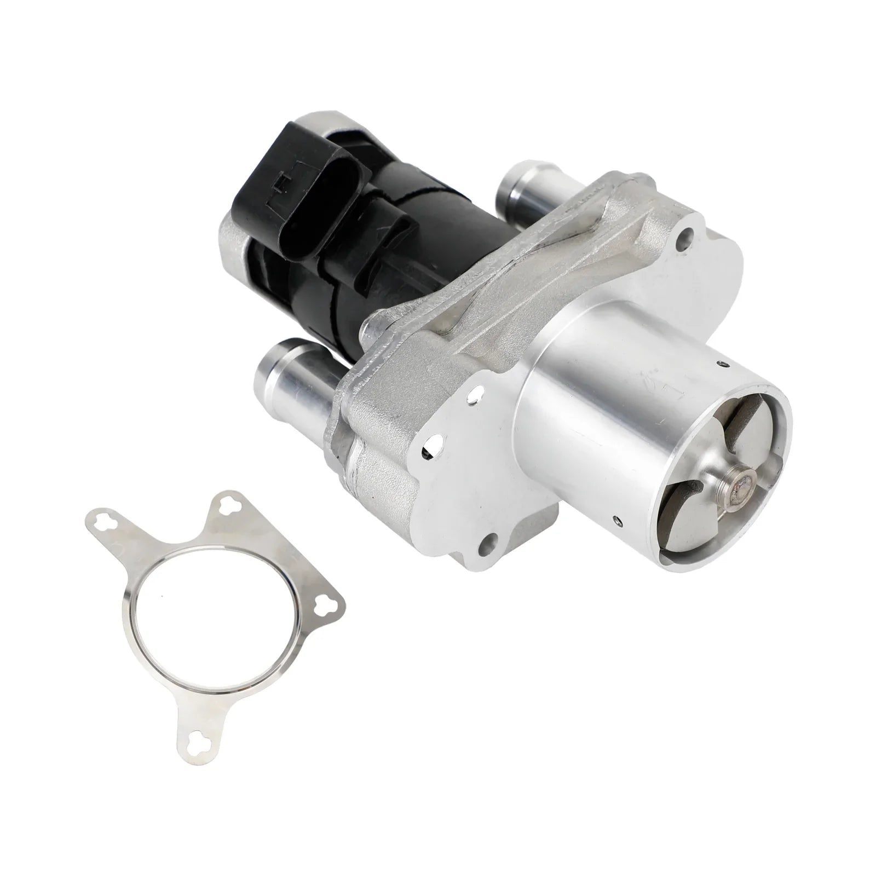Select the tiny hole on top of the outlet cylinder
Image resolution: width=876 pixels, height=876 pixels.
click(x=725, y=362)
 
